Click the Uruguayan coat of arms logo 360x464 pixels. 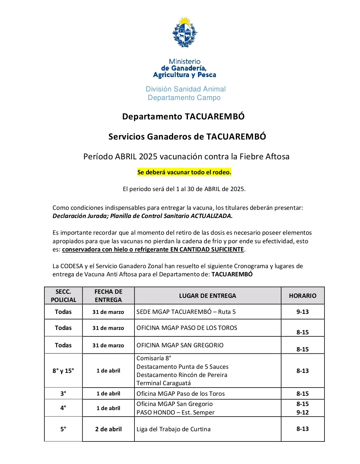coord(185,33)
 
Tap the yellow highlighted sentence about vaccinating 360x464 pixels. coord(184,172)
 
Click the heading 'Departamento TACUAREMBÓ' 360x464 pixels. coord(183,117)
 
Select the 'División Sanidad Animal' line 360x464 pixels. coord(186,89)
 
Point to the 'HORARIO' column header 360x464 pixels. coord(302,296)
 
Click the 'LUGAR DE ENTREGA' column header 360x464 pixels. coord(207,296)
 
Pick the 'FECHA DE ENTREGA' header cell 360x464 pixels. coord(108,296)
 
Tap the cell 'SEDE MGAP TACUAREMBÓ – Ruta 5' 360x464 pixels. coord(186,312)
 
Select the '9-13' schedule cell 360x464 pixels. coord(302,312)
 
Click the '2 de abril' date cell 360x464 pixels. coord(108,429)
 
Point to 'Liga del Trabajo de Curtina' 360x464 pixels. coord(173,429)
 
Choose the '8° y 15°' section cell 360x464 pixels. coord(63,371)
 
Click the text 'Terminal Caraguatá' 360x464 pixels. coord(163,383)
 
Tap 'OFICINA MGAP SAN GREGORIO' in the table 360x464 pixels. coord(180,345)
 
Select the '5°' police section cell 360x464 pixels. coord(63,429)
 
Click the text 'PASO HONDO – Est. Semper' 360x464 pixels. coord(175,412)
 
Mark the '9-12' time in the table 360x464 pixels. coord(302,412)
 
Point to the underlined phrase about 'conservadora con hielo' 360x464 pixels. coord(153,249)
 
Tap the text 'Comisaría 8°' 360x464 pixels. coord(154,358)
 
